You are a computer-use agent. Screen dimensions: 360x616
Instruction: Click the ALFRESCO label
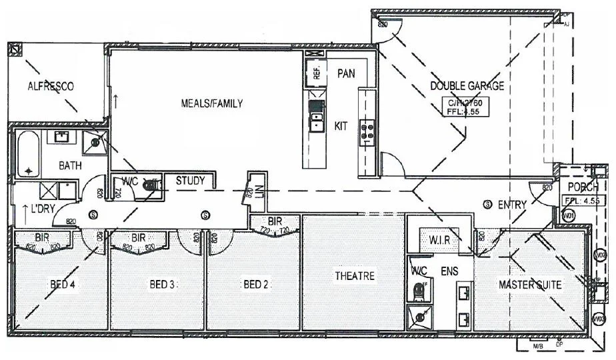[x=50, y=86]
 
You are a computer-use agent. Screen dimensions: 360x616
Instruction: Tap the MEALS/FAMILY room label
[x=211, y=103]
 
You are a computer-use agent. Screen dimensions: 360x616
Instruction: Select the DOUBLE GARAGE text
[x=466, y=86]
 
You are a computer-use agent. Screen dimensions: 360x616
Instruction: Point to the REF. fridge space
[x=317, y=71]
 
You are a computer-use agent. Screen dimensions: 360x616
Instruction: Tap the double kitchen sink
[x=316, y=123]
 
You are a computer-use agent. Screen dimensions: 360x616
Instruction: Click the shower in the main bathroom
[x=95, y=141]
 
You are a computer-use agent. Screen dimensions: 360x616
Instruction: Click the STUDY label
[x=190, y=180]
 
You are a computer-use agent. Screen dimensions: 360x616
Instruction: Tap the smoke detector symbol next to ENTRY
[x=487, y=203]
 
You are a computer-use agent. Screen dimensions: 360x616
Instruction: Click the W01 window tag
[x=569, y=216]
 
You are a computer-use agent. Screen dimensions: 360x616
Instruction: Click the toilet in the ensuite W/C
[x=419, y=291]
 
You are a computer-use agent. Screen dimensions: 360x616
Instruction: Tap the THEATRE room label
[x=355, y=276]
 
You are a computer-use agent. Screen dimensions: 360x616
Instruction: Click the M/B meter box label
[x=538, y=347]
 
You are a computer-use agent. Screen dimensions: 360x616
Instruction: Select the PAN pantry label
[x=345, y=73]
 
